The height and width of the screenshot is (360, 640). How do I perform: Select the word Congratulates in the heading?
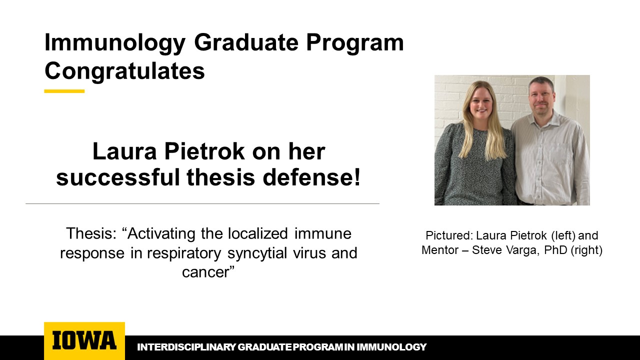(124, 71)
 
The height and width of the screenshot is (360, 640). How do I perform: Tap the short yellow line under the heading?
(64, 91)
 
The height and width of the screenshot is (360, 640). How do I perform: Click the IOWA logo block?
(84, 341)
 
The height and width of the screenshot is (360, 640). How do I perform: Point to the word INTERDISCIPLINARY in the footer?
(186, 347)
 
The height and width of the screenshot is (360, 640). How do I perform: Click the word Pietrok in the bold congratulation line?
(204, 151)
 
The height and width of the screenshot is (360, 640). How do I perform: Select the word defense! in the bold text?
(311, 177)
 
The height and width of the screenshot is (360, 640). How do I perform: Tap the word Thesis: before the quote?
(91, 233)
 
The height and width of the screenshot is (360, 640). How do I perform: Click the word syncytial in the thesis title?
(257, 253)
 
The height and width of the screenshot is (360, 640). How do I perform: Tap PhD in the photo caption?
(555, 250)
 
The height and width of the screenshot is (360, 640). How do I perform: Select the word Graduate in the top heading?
(246, 43)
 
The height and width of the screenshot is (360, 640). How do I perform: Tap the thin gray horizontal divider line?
(202, 203)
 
